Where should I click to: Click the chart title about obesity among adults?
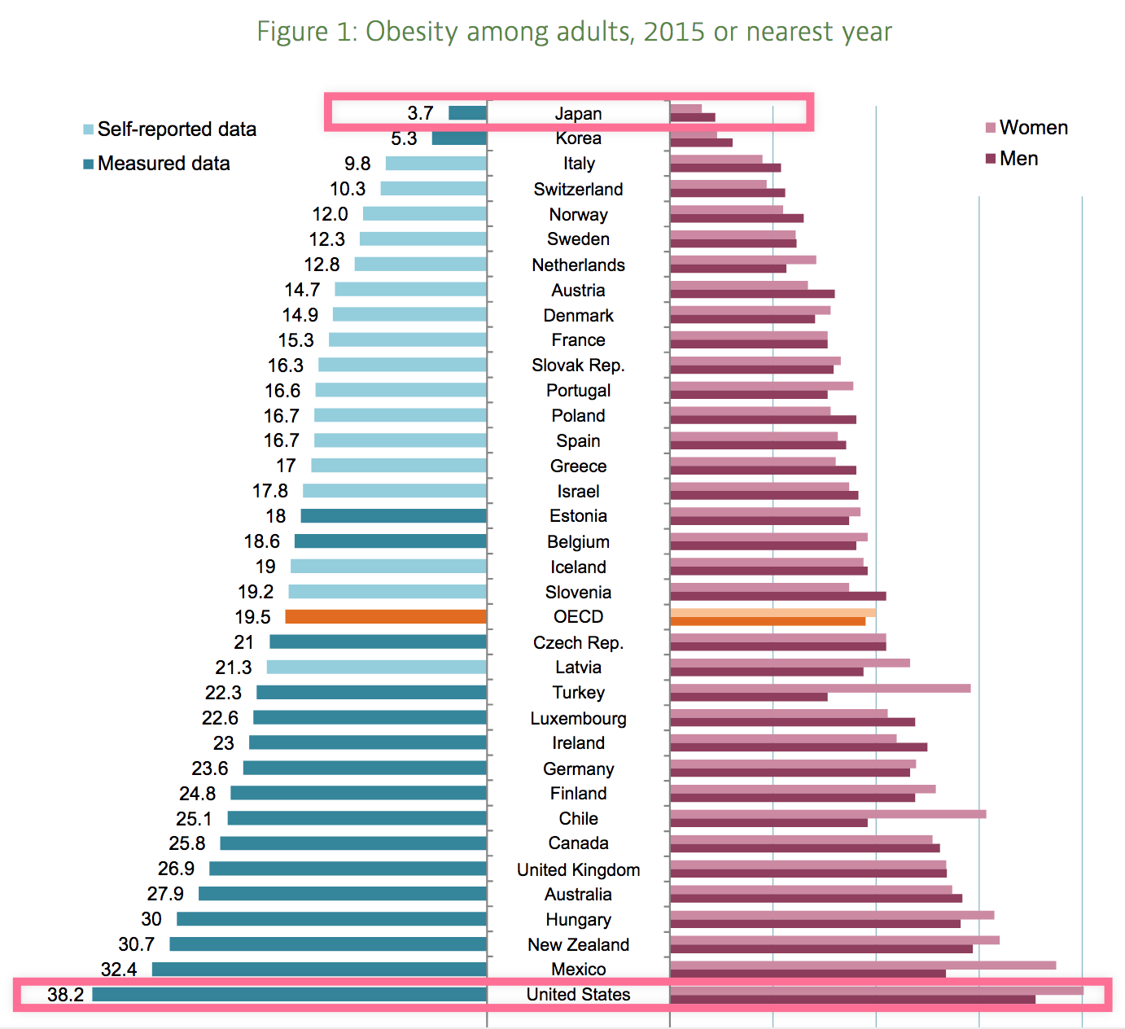(574, 32)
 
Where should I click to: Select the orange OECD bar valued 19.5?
(386, 617)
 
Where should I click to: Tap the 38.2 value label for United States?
(65, 995)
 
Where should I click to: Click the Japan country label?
(578, 114)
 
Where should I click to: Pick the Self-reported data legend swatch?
(88, 130)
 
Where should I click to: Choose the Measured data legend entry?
(163, 164)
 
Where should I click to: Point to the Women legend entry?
(1033, 128)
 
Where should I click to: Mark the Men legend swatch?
(991, 159)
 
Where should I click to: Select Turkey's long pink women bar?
(820, 688)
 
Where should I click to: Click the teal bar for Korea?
(459, 138)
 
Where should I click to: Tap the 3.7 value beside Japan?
(420, 113)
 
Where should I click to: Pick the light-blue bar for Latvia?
(376, 668)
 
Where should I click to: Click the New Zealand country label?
(578, 945)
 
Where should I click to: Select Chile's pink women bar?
(827, 814)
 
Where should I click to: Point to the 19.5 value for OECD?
(252, 617)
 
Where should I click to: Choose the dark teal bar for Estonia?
(393, 516)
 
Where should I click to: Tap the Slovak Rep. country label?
(578, 366)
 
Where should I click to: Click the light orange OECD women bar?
(773, 612)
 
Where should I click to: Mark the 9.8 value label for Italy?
(357, 164)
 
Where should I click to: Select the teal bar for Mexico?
(319, 970)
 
